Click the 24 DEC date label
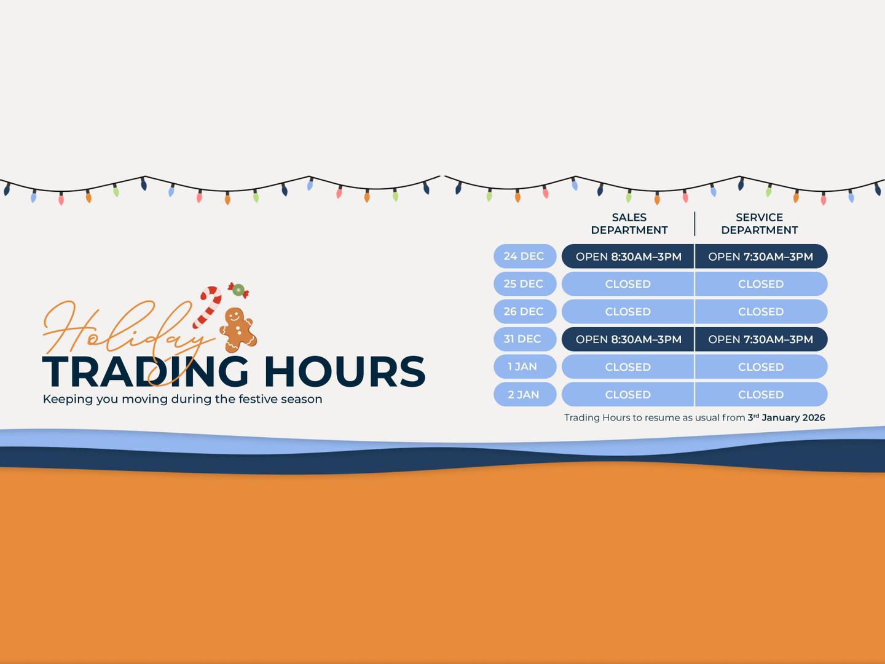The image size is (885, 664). pos(524,256)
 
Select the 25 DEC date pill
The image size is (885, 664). pos(524,284)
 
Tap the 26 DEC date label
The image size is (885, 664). pos(524,312)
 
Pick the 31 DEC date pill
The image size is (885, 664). pos(524,339)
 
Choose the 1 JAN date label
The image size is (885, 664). pos(524,366)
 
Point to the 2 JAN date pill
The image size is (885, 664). pos(524,394)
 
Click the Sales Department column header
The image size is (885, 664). pos(629,224)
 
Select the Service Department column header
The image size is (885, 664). pos(759,224)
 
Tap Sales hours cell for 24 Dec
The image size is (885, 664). pos(628,256)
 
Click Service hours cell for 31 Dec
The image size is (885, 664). pos(761,339)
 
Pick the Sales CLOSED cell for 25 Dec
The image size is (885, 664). pos(627,284)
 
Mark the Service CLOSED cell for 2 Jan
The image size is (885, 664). pos(761,394)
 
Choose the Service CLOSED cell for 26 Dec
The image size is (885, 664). pos(761,312)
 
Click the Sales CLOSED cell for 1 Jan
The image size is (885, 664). pos(627,366)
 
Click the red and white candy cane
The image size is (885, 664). pos(208,306)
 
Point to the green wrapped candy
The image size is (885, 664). pos(238,290)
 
